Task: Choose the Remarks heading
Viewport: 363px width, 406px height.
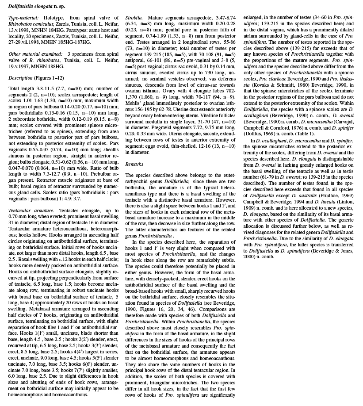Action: click(134, 164)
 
